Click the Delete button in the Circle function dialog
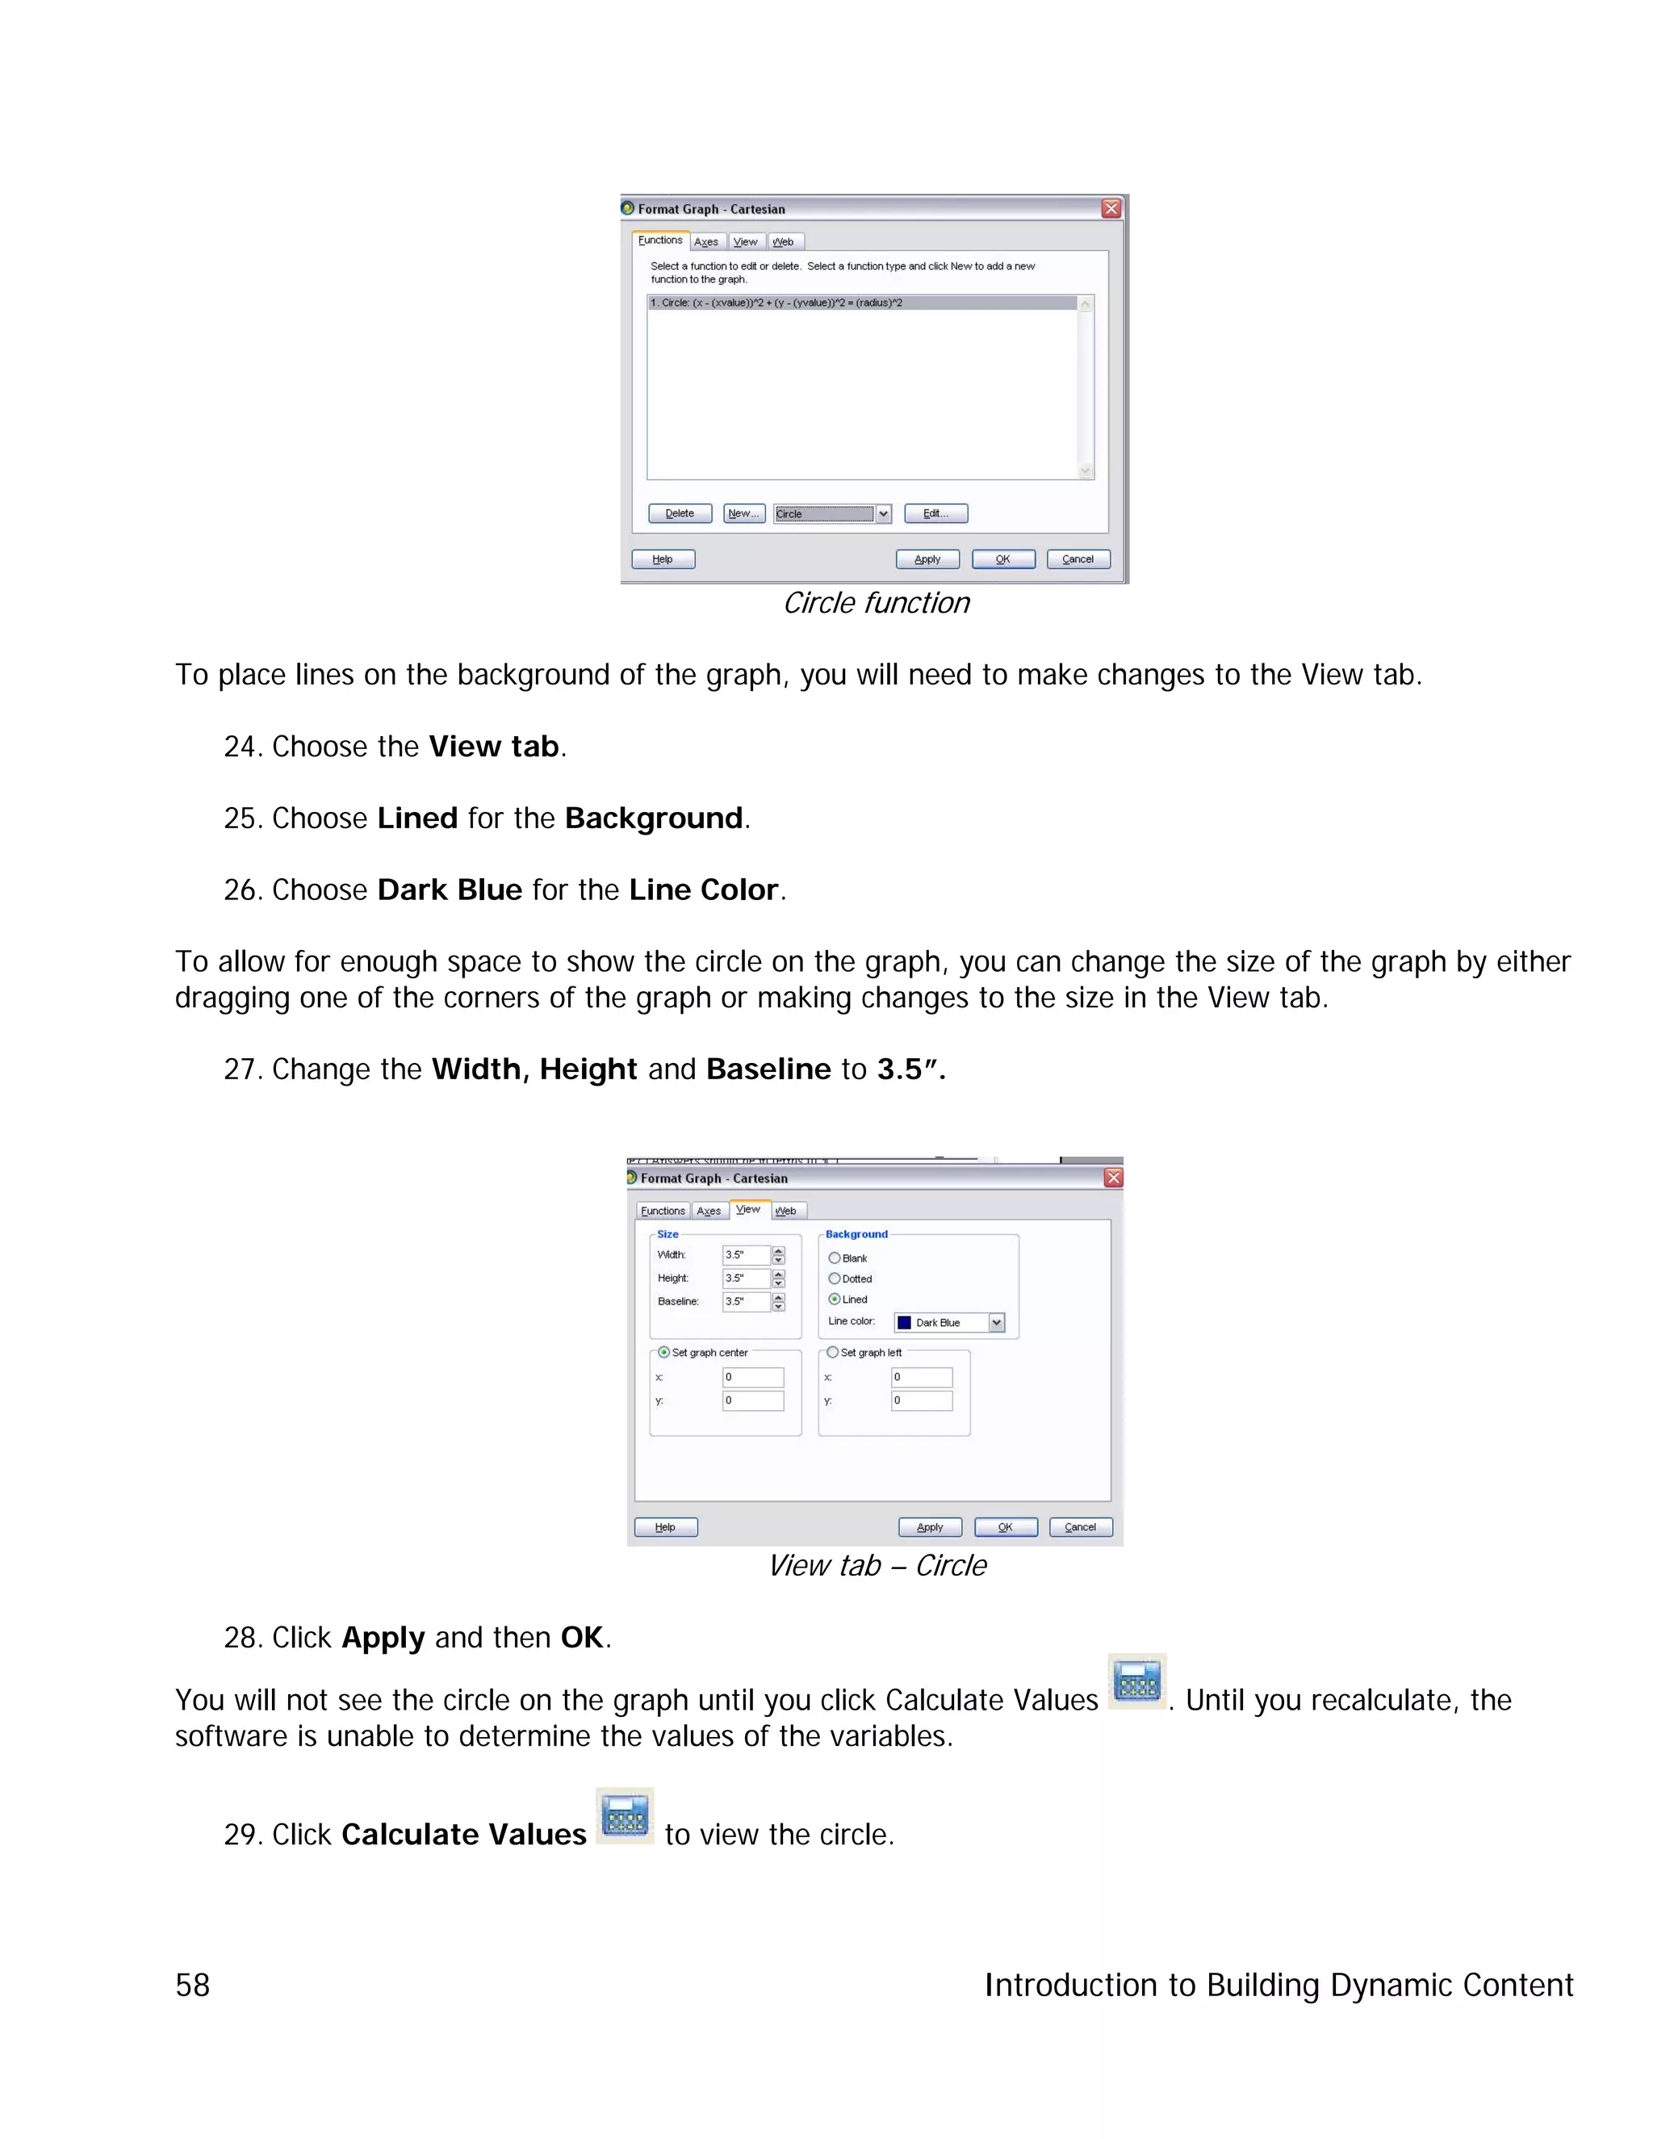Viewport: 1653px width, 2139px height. pos(680,513)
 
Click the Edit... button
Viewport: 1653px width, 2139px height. pos(935,513)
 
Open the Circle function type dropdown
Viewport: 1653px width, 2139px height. pos(883,514)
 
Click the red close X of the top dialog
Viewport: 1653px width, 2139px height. pos(1111,208)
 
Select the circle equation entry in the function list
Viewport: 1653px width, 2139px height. pos(862,303)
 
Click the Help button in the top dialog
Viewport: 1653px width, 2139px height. pos(663,559)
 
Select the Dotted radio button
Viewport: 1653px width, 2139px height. pos(835,1278)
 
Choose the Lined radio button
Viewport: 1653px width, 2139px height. pos(835,1300)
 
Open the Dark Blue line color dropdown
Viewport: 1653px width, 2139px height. pos(996,1323)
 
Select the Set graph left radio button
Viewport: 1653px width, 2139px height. pos(832,1353)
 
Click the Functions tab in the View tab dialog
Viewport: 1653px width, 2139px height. pos(663,1212)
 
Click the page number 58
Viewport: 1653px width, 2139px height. pos(193,1986)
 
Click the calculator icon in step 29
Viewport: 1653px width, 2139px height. pos(625,1817)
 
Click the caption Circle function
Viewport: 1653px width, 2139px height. pos(876,603)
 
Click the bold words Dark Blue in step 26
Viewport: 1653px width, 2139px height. pos(450,890)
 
